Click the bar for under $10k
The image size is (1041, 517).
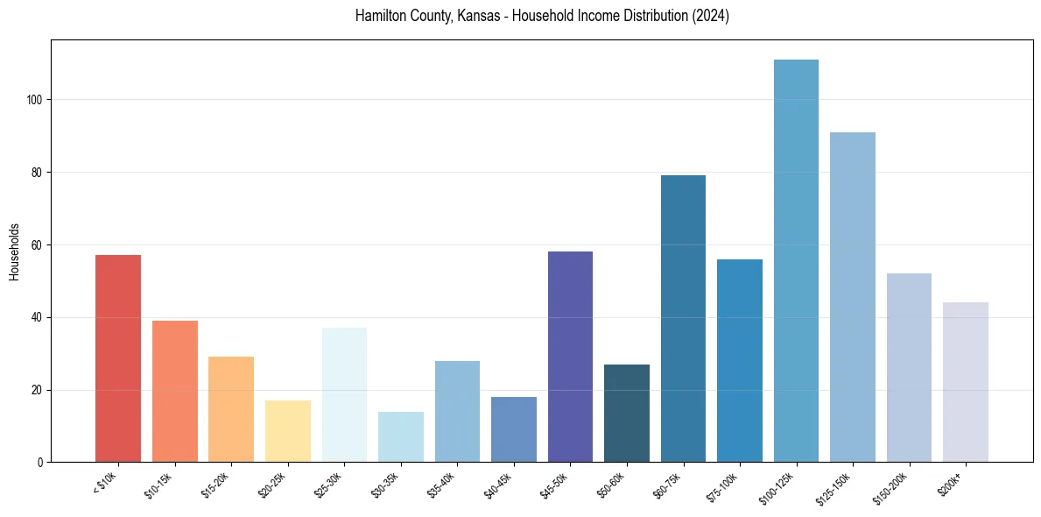tap(118, 358)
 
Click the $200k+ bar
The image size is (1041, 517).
tap(965, 382)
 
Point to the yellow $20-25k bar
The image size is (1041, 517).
tap(288, 431)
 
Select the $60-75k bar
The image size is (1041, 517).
tap(683, 319)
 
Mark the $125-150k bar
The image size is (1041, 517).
tap(852, 297)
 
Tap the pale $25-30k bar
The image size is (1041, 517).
tap(344, 394)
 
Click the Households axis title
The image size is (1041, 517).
tap(15, 251)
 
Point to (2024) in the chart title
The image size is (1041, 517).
tap(711, 17)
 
